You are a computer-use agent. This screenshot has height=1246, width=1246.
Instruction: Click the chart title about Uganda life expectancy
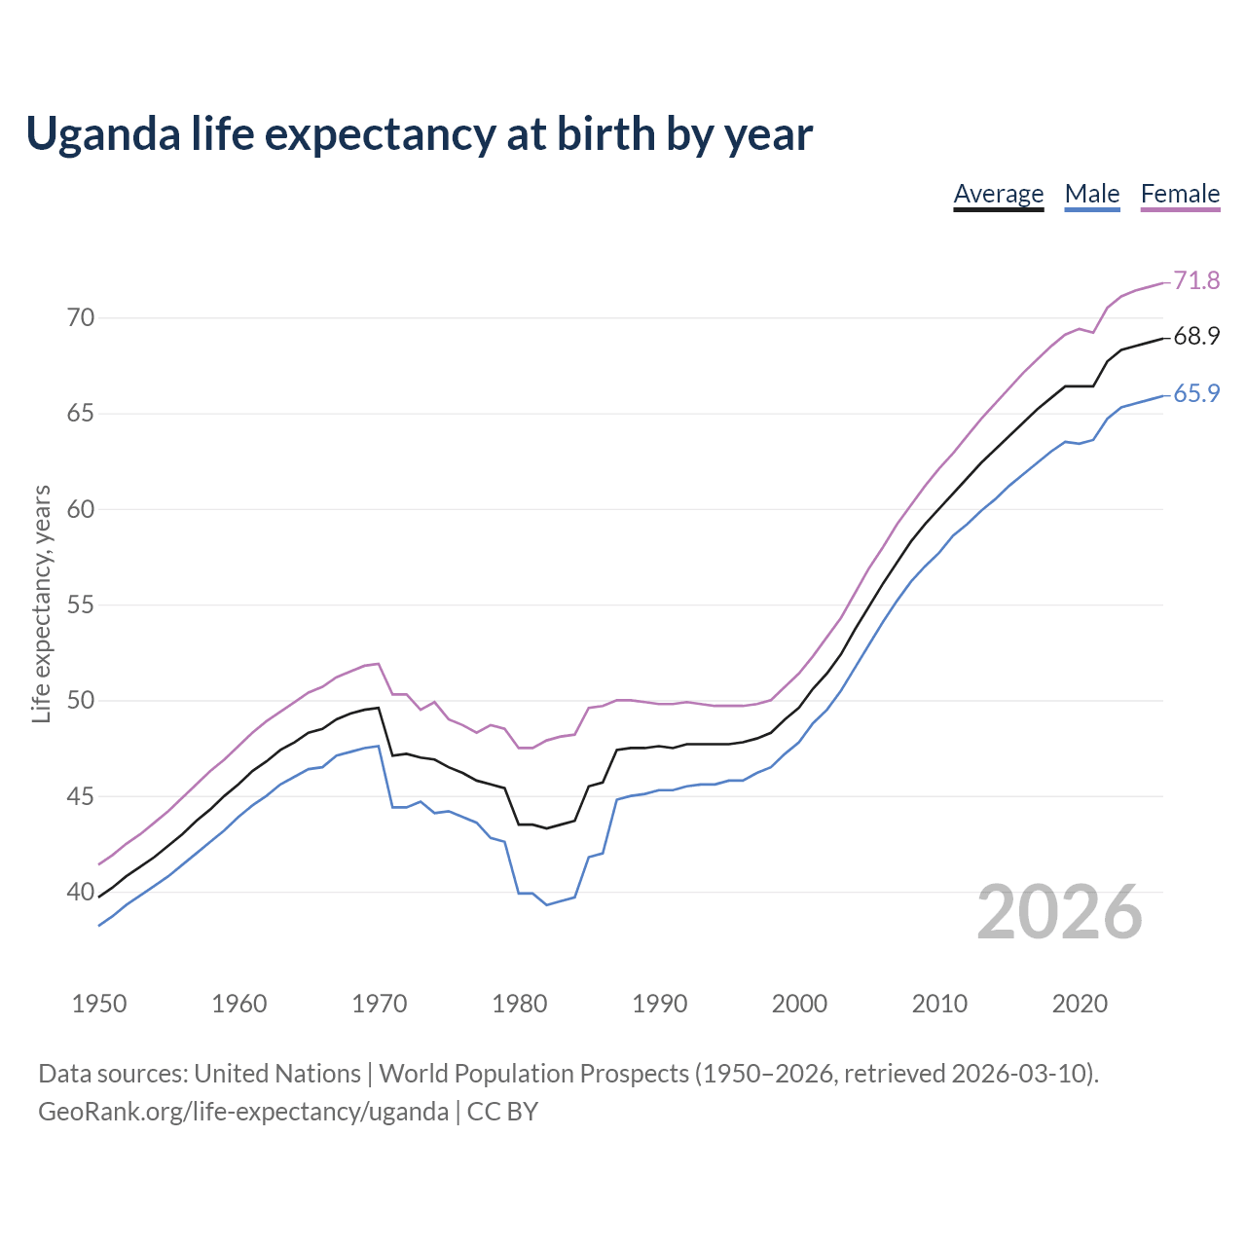tap(419, 134)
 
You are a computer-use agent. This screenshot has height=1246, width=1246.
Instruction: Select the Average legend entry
tap(998, 194)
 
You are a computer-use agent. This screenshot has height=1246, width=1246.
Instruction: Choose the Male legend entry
tap(1092, 194)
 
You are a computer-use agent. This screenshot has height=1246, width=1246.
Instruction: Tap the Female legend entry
tap(1180, 194)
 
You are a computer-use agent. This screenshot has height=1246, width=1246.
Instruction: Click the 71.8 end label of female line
tap(1196, 280)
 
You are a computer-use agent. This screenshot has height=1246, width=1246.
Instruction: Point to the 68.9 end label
tap(1196, 337)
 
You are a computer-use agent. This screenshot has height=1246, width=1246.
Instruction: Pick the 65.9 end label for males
tap(1196, 393)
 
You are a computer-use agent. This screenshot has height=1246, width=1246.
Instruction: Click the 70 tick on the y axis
tap(81, 318)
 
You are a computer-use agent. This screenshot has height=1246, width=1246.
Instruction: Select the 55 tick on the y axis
tap(81, 605)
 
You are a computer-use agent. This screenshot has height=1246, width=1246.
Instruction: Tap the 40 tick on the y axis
tap(81, 893)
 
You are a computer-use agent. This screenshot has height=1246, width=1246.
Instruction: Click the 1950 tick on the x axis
tap(99, 1004)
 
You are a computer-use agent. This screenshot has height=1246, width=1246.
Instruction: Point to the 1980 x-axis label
tap(520, 1004)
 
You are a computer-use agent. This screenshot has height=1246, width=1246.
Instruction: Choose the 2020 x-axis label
tap(1080, 1004)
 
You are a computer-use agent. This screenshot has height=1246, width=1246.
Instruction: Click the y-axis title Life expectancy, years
tap(42, 604)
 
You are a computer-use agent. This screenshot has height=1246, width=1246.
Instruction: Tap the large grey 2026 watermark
tap(1059, 912)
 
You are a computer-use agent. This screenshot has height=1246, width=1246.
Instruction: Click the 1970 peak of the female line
tap(379, 664)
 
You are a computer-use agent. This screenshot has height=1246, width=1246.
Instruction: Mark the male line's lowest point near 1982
tap(547, 904)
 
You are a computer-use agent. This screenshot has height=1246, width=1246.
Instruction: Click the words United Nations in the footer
tap(277, 1074)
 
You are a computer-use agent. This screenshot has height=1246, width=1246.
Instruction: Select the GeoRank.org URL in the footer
tap(243, 1112)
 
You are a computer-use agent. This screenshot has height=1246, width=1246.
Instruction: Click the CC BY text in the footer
tap(502, 1112)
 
